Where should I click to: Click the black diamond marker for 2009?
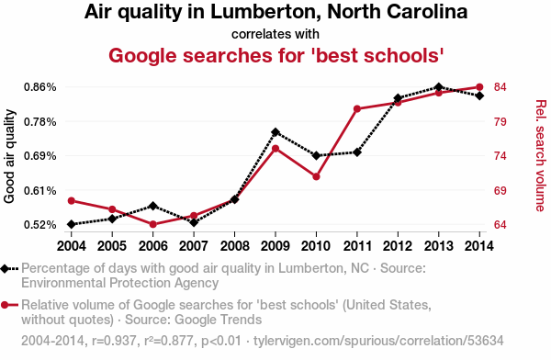click(x=275, y=132)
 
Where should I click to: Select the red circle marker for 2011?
click(x=357, y=109)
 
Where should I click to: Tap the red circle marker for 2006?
click(x=152, y=224)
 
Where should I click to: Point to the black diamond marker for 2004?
click(x=72, y=224)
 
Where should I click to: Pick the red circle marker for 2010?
click(x=316, y=176)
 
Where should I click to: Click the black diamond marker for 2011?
click(x=357, y=152)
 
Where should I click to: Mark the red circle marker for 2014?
click(x=479, y=87)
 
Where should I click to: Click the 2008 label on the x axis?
click(x=234, y=246)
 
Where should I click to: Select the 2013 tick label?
click(x=439, y=246)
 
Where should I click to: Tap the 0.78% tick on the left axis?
click(x=40, y=122)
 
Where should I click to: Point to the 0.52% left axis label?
click(x=40, y=225)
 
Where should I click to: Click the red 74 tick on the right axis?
click(x=500, y=156)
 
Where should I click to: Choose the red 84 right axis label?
click(x=500, y=87)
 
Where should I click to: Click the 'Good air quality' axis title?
click(x=9, y=156)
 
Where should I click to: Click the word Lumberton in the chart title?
click(x=265, y=12)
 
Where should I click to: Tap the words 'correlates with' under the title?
click(x=275, y=34)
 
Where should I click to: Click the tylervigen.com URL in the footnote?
click(x=378, y=341)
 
